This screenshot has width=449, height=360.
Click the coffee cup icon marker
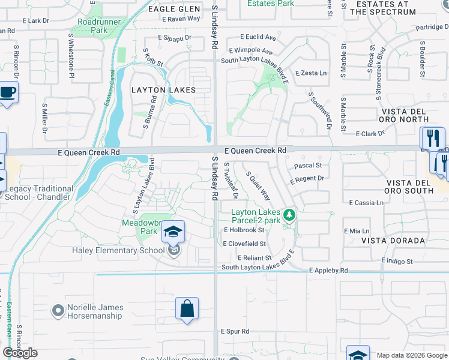[x=7, y=92]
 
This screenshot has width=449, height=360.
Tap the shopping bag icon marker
[x=187, y=308]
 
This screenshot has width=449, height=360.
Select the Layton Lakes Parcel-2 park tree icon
[x=289, y=214]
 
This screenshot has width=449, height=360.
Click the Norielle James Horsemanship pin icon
[x=58, y=311]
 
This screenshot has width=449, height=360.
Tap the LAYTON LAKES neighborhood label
[x=163, y=90]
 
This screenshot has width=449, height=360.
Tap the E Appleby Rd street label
[x=328, y=271]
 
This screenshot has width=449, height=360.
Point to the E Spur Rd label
[x=235, y=331]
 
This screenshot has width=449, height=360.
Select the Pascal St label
[x=308, y=165]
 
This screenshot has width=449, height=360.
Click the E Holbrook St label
[x=244, y=230]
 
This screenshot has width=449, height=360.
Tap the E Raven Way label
[x=181, y=19]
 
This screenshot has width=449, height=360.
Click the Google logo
[x=20, y=353]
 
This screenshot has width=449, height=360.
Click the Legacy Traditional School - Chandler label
[x=39, y=193]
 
